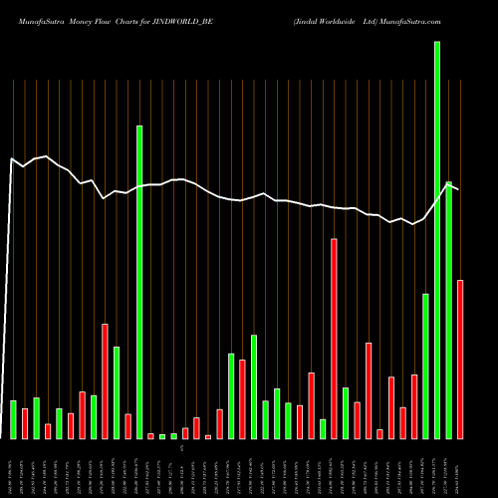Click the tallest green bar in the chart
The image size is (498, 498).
[x=437, y=239]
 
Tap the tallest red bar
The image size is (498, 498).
[x=334, y=339]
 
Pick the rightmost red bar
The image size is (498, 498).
[x=460, y=359]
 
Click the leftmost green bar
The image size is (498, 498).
[x=13, y=419]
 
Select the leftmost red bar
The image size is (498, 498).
[x=25, y=424]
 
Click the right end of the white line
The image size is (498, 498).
[x=458, y=189]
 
